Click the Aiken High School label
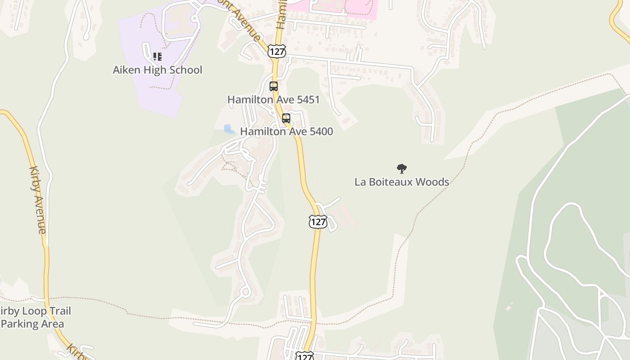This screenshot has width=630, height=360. (157, 70)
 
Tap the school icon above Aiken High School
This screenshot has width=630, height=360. (157, 57)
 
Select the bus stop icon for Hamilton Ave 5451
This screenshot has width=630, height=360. (274, 86)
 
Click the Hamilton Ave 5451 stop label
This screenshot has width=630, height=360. (273, 99)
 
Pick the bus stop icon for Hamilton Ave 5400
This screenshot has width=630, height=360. (286, 118)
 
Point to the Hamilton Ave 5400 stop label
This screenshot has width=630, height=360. (286, 131)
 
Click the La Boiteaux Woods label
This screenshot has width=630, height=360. (401, 182)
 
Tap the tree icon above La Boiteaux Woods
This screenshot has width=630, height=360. (401, 169)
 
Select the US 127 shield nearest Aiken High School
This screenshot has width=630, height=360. (276, 51)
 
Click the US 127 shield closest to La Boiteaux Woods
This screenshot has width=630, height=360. (318, 221)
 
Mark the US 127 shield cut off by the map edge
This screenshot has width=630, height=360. (305, 356)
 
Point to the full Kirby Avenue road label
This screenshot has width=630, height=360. (37, 199)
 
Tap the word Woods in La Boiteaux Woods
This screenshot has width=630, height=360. (432, 182)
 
